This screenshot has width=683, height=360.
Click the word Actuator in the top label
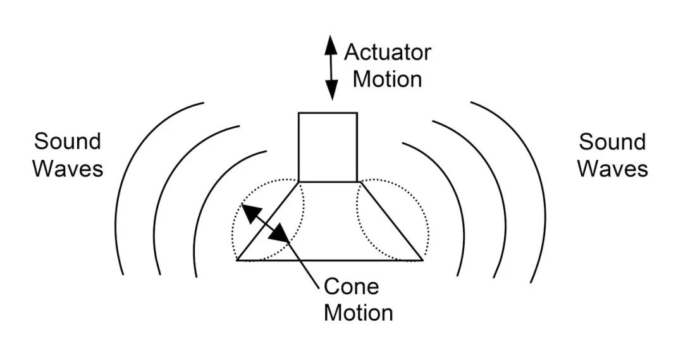[x=387, y=52]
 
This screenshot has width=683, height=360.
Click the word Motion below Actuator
[x=387, y=79]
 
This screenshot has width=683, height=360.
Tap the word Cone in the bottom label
[x=351, y=287]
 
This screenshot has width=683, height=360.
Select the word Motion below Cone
[x=359, y=313]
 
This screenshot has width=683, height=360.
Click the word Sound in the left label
[x=68, y=141]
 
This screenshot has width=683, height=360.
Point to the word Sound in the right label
[x=612, y=141]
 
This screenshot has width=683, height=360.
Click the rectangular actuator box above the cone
[x=328, y=147]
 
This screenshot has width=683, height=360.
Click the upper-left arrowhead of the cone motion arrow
[x=249, y=211]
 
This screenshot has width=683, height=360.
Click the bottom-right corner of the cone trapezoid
[x=422, y=259]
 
